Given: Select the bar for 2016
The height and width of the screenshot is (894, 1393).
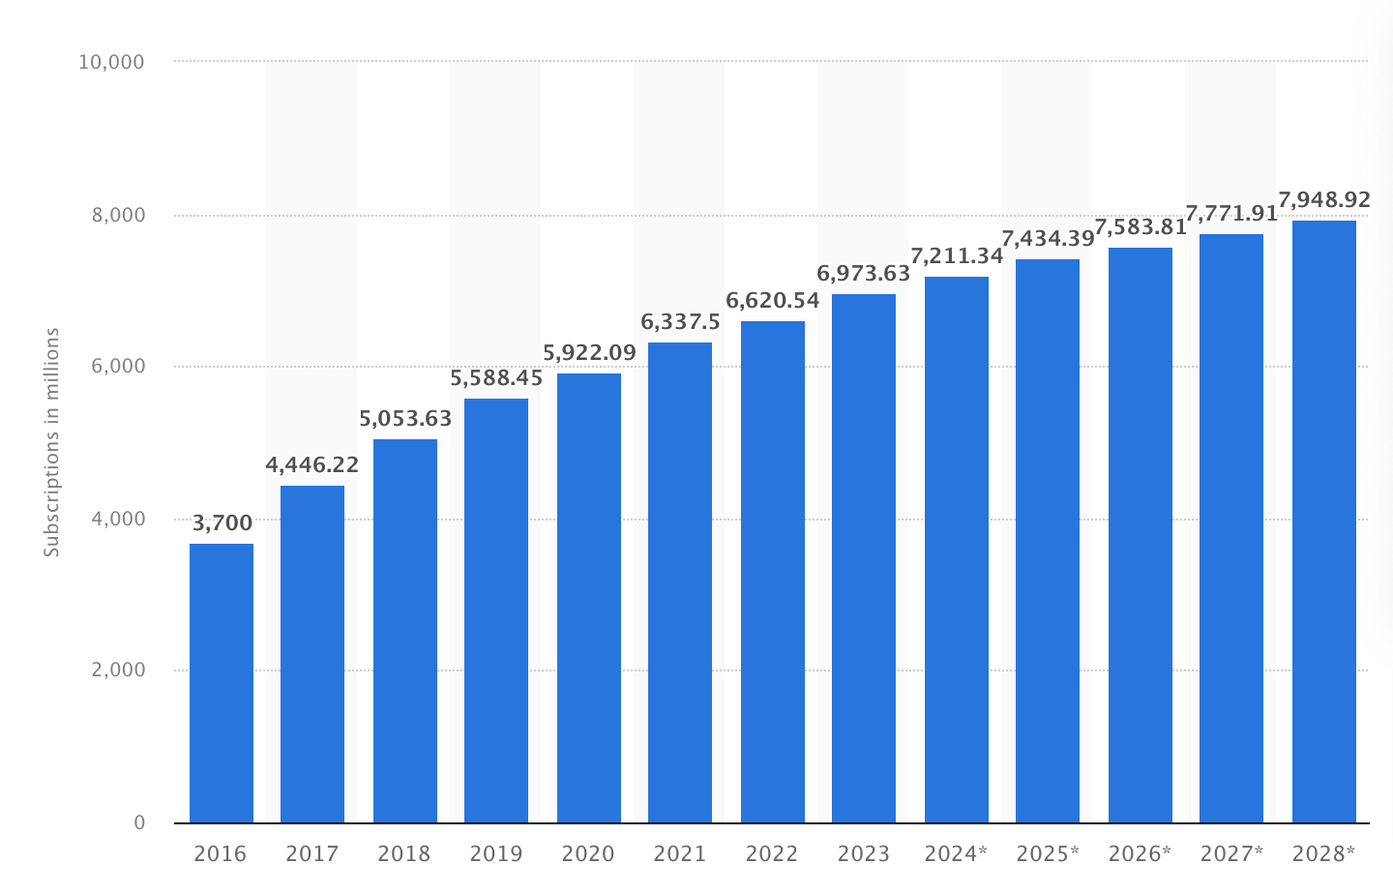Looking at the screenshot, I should pos(222,683).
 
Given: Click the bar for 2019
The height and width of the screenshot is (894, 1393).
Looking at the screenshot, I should pos(496,611).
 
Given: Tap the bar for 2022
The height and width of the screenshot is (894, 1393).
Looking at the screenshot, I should pos(773,572).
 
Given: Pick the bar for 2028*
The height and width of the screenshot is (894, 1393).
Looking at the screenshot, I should pos(1324,521).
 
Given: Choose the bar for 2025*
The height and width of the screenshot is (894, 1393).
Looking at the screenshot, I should pos(1048,541).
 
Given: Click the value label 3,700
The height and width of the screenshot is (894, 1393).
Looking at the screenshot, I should pos(222,523).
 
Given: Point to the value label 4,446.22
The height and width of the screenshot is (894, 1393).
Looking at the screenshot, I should pos(312,465).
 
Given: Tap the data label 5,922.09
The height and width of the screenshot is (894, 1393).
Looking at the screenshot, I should pos(589,353).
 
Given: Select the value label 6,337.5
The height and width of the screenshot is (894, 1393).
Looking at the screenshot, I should pos(680,322).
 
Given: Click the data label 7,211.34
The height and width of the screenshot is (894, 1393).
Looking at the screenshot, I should pos(957,256).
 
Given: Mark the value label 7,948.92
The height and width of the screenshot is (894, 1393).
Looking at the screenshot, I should pos(1324,200).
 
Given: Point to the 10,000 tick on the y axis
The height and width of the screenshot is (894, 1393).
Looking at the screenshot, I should pos(111,62).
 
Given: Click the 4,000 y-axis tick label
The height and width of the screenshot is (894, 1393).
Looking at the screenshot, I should pos(119,519).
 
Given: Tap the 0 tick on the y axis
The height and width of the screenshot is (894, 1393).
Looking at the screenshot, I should pos(139,822).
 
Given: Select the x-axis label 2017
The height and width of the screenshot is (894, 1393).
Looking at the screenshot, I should pos(312,853).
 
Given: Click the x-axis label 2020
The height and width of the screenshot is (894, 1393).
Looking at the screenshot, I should pos(588,853).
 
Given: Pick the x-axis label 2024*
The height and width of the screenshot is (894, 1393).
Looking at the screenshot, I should pos(956,853).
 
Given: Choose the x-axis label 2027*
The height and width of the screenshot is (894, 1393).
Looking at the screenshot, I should pos(1231,853).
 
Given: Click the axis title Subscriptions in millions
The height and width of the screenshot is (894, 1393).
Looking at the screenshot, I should pos(52,442).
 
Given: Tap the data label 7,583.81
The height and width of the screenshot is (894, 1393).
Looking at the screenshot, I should pos(1141,229).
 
